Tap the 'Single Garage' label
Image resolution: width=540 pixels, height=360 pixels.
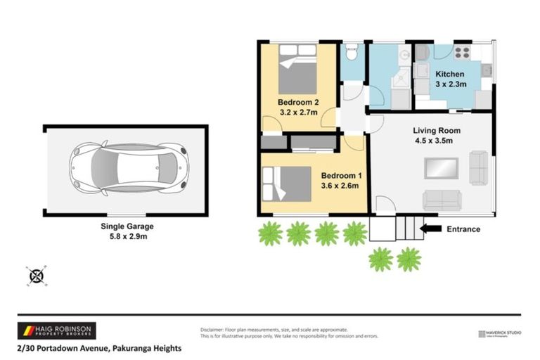(x=127, y=226)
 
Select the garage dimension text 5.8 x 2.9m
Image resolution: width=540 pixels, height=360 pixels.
(x=127, y=237)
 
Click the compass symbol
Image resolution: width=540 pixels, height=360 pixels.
(x=37, y=276)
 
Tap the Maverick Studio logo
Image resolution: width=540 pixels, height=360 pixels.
(x=499, y=333)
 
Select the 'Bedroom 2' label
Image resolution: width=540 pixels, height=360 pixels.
(x=298, y=101)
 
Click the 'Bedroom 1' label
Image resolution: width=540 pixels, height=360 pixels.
(x=341, y=176)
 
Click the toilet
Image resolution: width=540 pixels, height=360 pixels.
(x=352, y=53)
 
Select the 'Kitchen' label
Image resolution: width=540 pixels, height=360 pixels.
(x=449, y=74)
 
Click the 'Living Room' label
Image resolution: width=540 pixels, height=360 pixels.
(x=436, y=130)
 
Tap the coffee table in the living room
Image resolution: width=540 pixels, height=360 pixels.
(x=442, y=169)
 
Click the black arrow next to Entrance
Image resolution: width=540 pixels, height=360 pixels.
(x=430, y=228)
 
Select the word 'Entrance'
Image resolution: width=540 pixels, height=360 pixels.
(x=463, y=229)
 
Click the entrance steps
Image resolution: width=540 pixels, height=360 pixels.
(x=397, y=228)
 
